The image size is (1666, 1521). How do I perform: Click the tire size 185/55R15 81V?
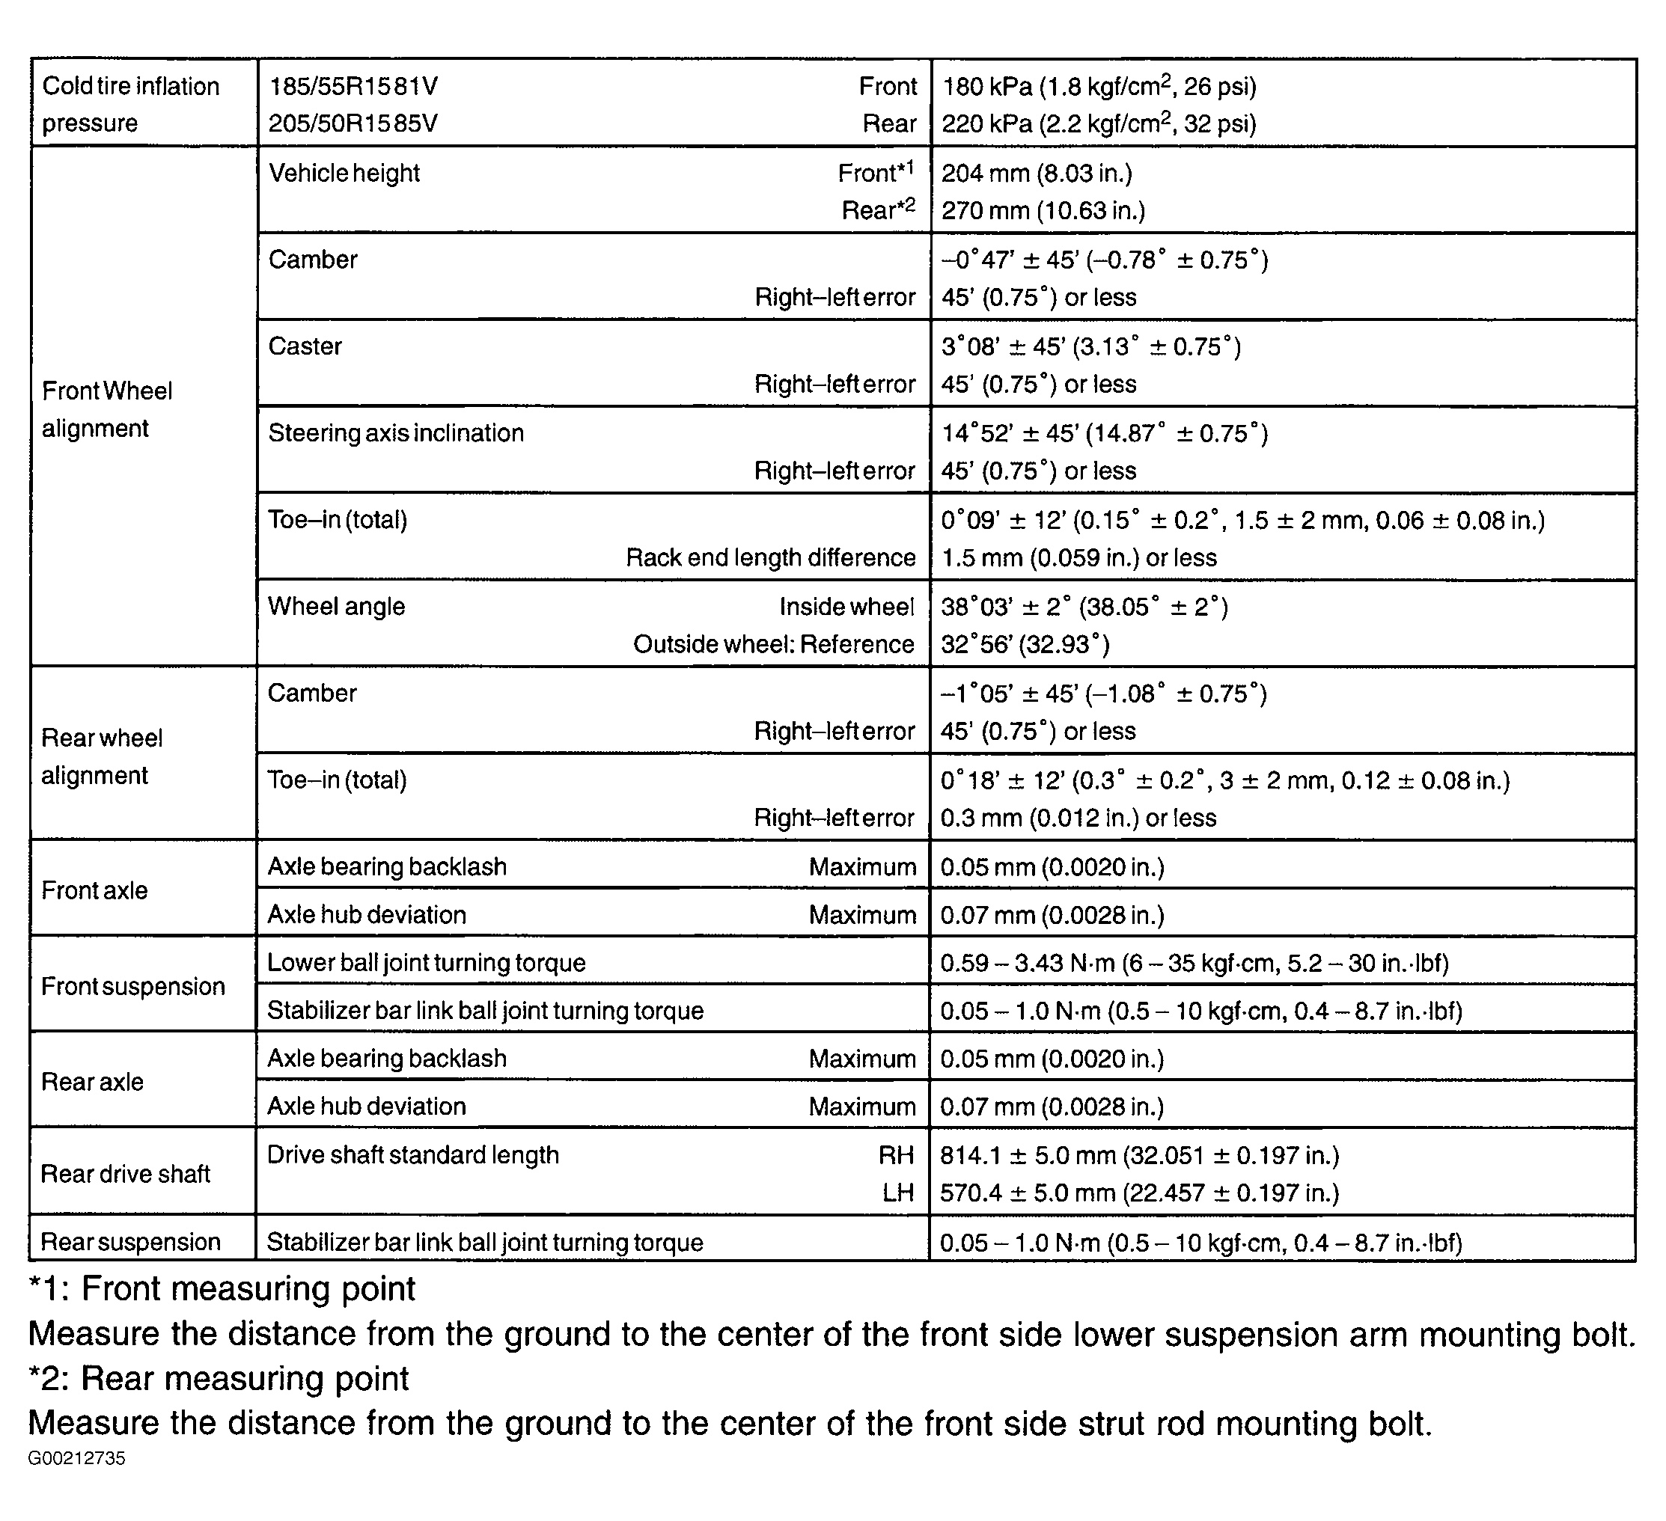point(354,86)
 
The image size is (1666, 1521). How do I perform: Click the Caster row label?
point(305,346)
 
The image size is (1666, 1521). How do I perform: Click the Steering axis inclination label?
point(396,433)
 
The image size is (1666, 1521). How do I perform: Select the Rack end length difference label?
point(770,557)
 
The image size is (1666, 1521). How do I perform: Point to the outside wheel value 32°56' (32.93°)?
point(1025,644)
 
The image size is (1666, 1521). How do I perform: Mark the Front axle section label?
point(94,890)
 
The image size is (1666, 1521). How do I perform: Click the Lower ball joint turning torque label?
point(427,962)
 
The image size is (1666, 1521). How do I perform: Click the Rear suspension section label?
point(130,1242)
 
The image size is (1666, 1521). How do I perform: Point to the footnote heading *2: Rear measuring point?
point(219,1378)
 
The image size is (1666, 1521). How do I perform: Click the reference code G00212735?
point(76,1458)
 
